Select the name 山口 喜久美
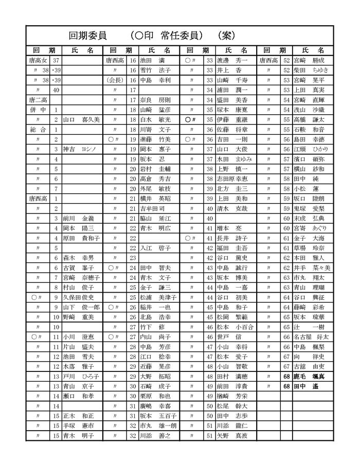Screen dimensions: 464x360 click(x=81, y=119)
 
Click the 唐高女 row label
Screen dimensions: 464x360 click(x=38, y=60)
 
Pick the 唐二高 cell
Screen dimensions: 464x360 click(x=38, y=100)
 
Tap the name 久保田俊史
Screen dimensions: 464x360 click(x=81, y=297)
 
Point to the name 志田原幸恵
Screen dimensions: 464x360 click(x=236, y=179)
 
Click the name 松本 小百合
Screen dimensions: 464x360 click(x=235, y=327)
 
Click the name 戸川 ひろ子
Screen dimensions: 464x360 click(x=81, y=377)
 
